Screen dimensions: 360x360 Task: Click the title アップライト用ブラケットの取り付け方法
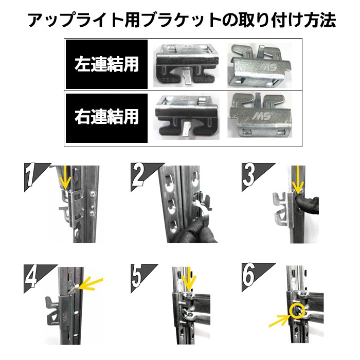(182, 20)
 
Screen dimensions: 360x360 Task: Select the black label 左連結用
(106, 64)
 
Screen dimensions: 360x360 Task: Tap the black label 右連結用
(106, 118)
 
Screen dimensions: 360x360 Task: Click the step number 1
(31, 174)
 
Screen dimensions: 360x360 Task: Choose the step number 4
(31, 276)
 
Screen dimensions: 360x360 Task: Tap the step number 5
(137, 276)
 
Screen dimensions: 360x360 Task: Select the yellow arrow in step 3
(298, 180)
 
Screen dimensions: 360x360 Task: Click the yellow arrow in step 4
(90, 284)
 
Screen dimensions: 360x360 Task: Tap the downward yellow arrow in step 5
(189, 279)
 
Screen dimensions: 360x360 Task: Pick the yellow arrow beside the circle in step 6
(279, 320)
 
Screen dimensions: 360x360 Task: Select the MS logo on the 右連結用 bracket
(262, 116)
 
